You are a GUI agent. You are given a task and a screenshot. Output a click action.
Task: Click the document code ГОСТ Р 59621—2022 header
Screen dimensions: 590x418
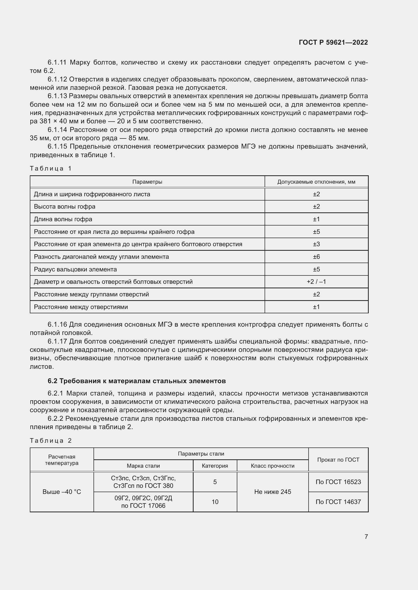coord(333,42)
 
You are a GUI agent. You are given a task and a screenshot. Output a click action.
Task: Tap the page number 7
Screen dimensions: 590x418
coord(366,537)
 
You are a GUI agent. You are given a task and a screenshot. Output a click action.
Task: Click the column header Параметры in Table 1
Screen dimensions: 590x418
coord(147,182)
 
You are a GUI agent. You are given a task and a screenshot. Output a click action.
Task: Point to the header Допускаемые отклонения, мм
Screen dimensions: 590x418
coord(316,182)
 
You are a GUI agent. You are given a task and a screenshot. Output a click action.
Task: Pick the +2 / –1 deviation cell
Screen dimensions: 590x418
coord(316,282)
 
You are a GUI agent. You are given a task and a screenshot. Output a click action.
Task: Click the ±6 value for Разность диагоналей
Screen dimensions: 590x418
coord(316,257)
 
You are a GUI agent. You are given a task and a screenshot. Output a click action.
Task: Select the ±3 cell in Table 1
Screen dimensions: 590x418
coord(316,244)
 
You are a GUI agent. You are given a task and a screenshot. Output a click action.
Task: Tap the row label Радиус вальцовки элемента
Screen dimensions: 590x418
coord(75,269)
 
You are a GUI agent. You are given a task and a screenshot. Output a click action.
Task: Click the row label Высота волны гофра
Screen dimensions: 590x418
coord(64,207)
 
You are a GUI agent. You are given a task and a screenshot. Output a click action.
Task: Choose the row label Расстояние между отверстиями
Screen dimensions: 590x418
coord(81,307)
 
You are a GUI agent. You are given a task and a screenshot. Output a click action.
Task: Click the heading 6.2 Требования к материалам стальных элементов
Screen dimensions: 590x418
coord(136,381)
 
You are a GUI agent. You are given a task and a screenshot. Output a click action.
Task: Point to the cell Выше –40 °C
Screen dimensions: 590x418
coord(61,492)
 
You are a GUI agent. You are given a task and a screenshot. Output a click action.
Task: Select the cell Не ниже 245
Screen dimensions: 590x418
coord(272,492)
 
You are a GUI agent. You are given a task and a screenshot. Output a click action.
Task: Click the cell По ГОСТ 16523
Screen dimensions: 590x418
coord(338,482)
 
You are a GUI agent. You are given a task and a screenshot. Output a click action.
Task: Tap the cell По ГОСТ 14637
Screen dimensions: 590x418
coord(338,502)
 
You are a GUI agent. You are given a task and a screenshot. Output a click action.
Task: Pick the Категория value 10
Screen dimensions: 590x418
coord(215,502)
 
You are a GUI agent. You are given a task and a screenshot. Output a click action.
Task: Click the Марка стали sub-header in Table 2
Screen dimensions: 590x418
coord(143,466)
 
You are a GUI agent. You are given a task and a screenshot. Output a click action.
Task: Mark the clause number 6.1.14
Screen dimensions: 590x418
coord(57,130)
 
